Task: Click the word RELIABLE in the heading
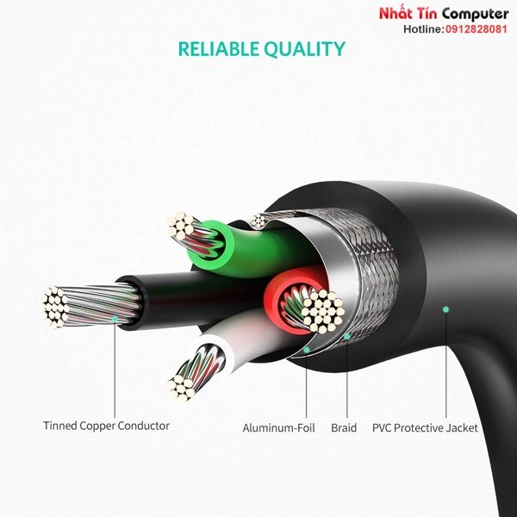218,49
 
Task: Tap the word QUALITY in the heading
304,49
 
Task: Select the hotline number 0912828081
477,29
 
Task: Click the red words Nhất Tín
408,14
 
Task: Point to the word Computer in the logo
475,15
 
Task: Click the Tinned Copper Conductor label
106,426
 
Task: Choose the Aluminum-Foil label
278,428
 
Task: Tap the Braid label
344,428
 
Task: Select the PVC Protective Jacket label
425,428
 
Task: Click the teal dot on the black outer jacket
445,309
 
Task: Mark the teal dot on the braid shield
347,336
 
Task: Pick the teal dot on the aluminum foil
307,350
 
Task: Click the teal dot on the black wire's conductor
115,319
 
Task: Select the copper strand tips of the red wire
323,311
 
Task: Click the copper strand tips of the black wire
54,307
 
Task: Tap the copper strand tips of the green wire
181,226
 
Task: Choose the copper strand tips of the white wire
181,389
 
